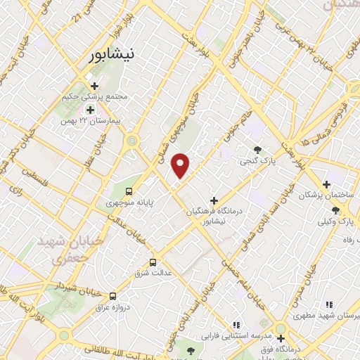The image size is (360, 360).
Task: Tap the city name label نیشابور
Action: pyautogui.click(x=114, y=56)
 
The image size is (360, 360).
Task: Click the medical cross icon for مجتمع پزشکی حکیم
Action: pyautogui.click(x=94, y=86)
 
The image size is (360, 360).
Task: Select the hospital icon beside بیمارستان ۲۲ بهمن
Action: pyautogui.click(x=90, y=110)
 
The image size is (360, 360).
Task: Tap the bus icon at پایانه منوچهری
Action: pyautogui.click(x=129, y=191)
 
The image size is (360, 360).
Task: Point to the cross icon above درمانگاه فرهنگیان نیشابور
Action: pyautogui.click(x=214, y=200)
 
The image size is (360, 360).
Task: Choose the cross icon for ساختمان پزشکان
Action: pyautogui.click(x=326, y=184)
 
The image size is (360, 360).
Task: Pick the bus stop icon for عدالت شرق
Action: pyautogui.click(x=153, y=262)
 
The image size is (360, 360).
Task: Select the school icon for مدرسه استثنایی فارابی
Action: pyautogui.click(x=236, y=325)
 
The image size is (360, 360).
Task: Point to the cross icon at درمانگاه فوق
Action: pyautogui.click(x=281, y=328)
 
